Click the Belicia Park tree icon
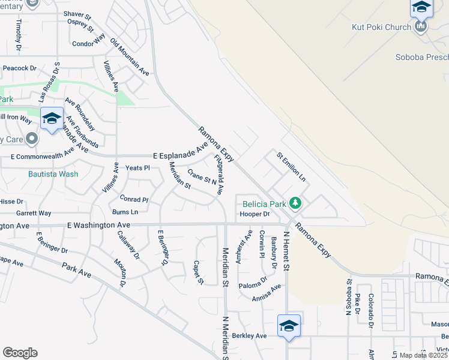295,204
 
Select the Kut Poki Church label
382,27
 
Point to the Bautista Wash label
53,174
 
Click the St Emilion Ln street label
291,167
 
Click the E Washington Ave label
98,226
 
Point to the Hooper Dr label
255,214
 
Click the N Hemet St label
287,251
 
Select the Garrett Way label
34,213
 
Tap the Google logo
20,353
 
